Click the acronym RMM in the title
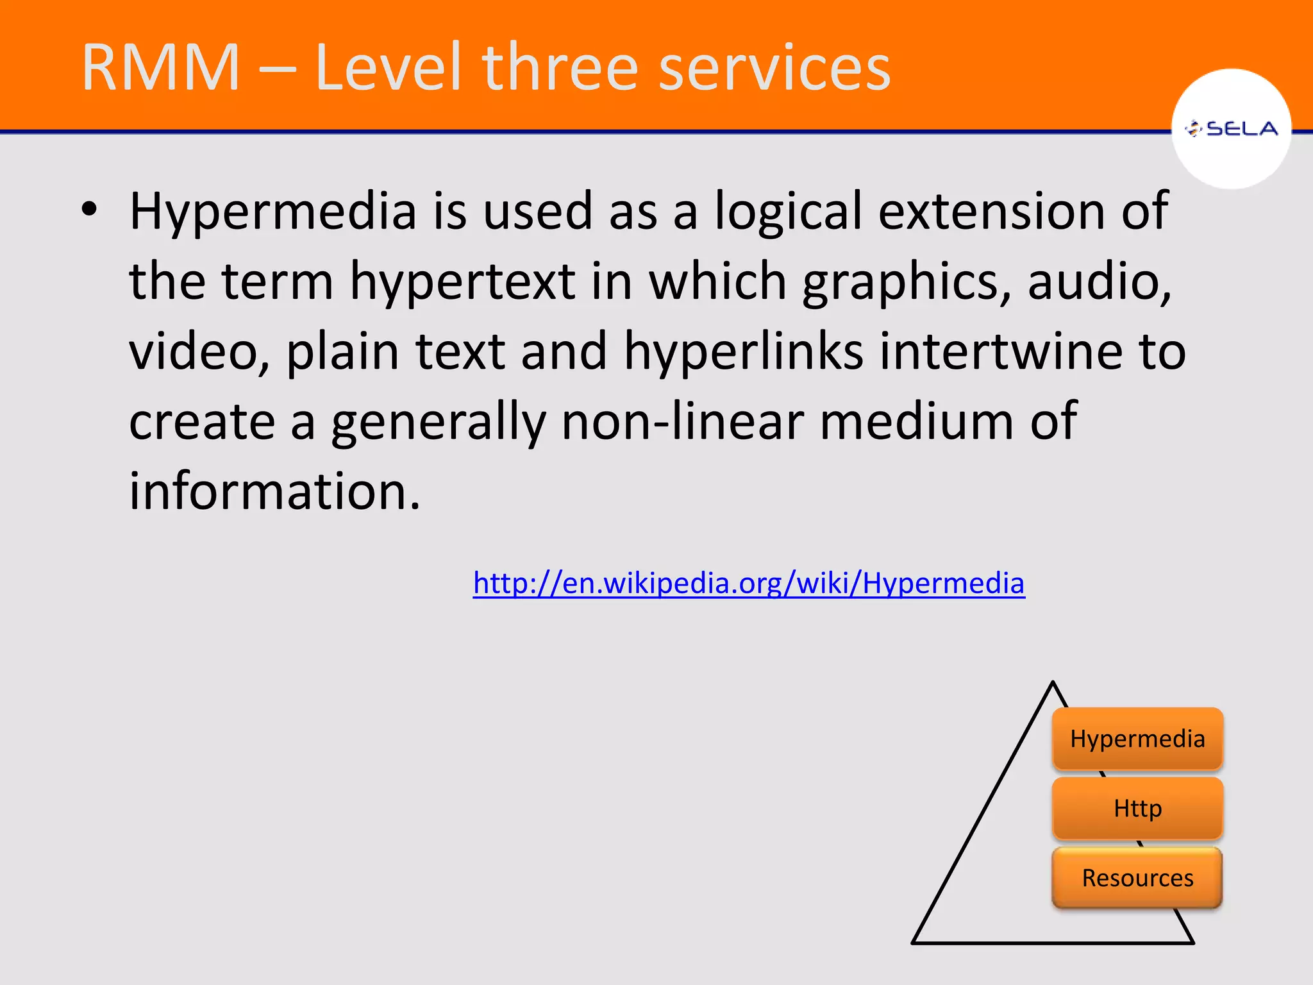coord(160,67)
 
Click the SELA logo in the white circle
coord(1232,129)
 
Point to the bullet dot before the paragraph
coord(89,209)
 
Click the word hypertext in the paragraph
coord(462,282)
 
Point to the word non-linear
coord(683,421)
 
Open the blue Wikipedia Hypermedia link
coord(749,583)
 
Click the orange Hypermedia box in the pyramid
coord(1137,739)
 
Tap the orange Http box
coord(1137,808)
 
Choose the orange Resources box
coord(1137,878)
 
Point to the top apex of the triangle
coord(1053,684)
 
